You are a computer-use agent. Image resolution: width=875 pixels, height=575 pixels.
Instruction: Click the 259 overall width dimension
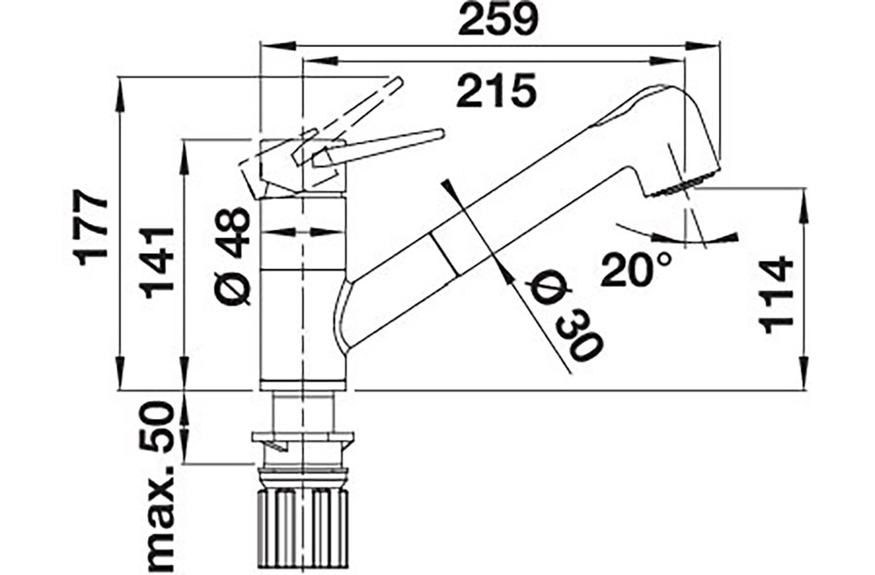coord(497,20)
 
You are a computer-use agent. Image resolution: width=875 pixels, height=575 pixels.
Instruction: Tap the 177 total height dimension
coord(93,228)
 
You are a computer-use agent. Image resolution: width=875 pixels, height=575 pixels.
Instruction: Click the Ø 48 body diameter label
coord(232,257)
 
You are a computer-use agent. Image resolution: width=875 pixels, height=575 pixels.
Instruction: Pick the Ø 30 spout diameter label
coord(563,316)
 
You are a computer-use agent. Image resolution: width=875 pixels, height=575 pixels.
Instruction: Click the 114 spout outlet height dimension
coord(776,295)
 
